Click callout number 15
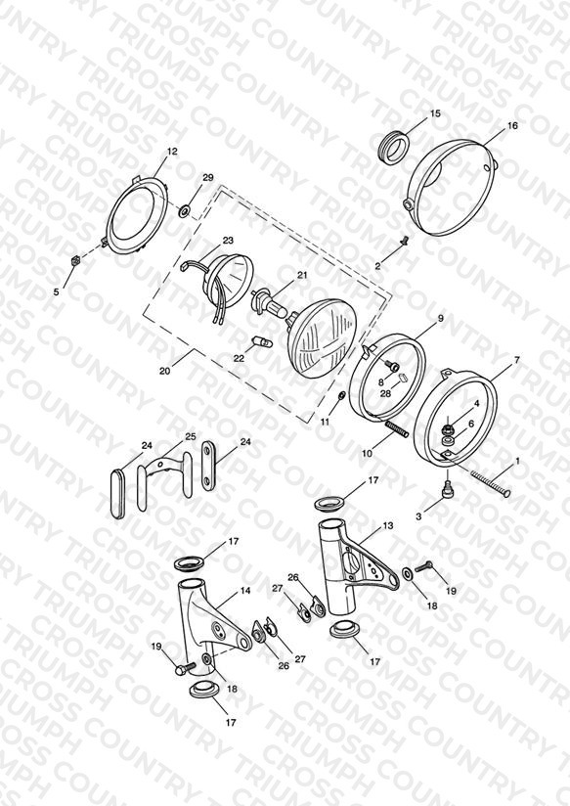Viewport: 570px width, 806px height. pos(435,113)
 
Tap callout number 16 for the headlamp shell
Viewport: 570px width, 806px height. pos(512,125)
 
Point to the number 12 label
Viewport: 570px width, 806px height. pos(172,152)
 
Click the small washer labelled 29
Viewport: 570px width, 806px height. pos(185,209)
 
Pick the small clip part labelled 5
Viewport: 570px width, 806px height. pos(75,260)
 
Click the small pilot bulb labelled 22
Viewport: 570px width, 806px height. pos(259,340)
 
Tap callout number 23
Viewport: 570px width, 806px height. pos(228,241)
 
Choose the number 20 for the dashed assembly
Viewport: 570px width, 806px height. pos(164,371)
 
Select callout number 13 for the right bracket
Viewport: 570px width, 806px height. pos(387,526)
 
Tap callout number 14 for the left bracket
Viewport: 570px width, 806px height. pos(245,591)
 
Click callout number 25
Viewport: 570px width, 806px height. pos(191,437)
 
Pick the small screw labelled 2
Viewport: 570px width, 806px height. pos(404,240)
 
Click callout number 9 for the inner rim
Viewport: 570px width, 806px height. pos(441,319)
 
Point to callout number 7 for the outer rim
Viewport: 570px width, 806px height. pos(517,360)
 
